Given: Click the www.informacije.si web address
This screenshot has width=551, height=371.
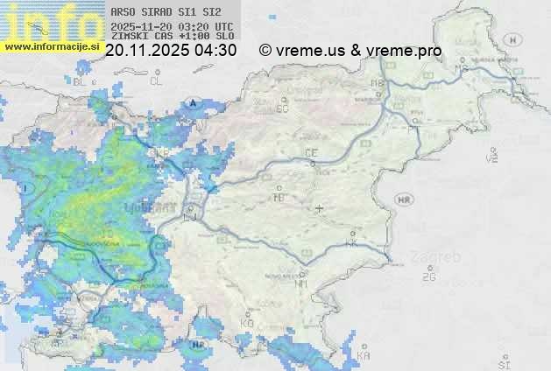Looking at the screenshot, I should pos(52,46).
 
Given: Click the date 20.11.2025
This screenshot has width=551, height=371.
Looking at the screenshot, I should pos(146,51).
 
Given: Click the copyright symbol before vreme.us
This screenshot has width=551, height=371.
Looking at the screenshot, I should pos(265,51).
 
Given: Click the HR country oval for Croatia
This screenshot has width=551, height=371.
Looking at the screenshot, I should pos(404,199).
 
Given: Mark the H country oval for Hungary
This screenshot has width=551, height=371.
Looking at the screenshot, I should pos(518,40).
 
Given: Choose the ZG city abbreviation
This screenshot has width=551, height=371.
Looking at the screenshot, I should pos(428,277).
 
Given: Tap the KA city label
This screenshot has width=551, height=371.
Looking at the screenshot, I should pos(364,355).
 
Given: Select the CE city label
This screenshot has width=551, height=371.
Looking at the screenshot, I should pos(310,153).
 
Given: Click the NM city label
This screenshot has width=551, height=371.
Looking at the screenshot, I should pos(302,283).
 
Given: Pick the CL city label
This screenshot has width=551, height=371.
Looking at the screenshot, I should pos(156,81).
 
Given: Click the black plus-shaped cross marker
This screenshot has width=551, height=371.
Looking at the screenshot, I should pos(319,208).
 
